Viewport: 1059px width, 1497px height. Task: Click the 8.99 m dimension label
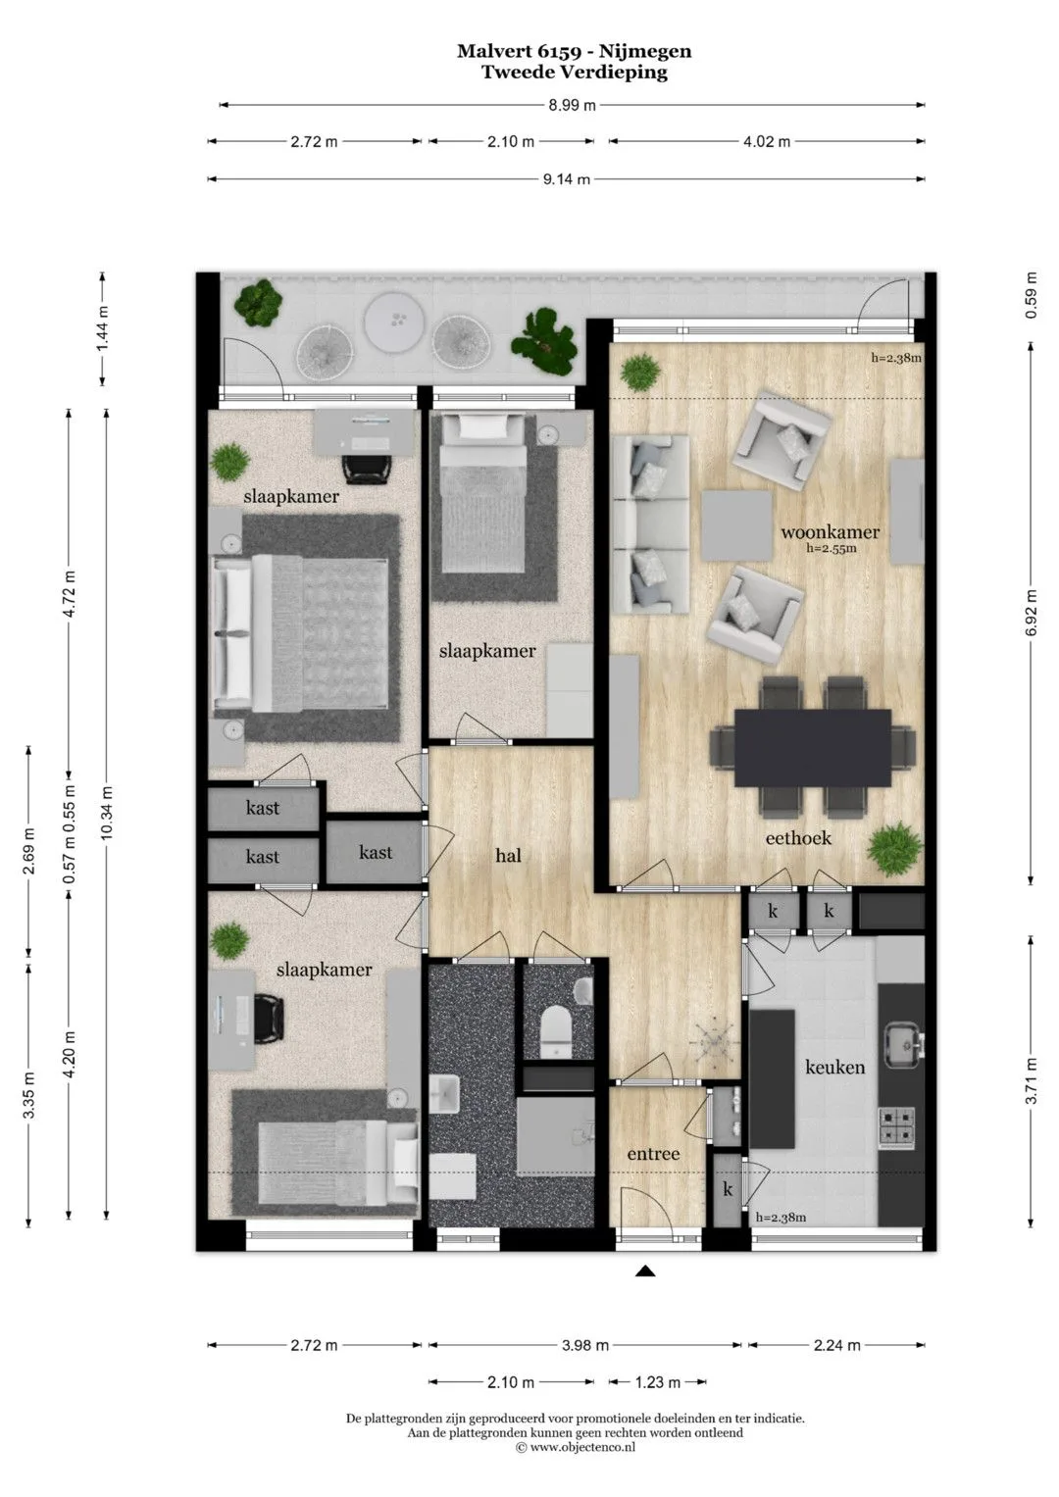tap(573, 105)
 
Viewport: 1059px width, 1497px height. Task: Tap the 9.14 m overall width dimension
tap(567, 179)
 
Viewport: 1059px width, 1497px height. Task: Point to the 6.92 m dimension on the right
tap(1031, 613)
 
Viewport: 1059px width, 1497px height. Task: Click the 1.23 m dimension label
tap(657, 1382)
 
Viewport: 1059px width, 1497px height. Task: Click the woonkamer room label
tap(830, 532)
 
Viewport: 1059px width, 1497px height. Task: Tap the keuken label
tap(835, 1068)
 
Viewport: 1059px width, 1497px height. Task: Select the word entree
tap(653, 1154)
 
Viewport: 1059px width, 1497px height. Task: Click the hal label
tap(508, 855)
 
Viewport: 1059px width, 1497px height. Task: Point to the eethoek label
tap(798, 837)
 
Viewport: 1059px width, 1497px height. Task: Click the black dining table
tap(812, 748)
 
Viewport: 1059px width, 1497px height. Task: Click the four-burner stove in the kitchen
tap(896, 1126)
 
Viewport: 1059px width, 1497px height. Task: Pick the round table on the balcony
tap(394, 320)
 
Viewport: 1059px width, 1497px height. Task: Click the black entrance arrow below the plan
tap(644, 1271)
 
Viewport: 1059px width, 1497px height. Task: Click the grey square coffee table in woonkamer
tap(735, 525)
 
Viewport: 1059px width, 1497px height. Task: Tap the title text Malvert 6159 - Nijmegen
tap(575, 51)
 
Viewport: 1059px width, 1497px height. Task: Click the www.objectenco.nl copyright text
tap(575, 1447)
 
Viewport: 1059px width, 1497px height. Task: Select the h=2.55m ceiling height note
tap(832, 549)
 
